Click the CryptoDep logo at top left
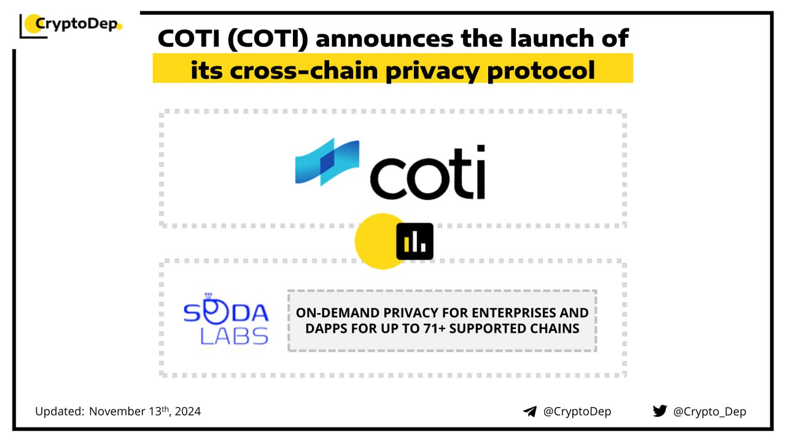point(71,26)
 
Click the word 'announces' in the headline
point(384,39)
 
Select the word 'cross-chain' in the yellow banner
point(303,71)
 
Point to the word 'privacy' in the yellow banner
point(432,72)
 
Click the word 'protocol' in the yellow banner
point(541,72)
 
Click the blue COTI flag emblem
point(327,161)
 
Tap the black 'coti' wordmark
point(428,173)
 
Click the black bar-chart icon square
point(414,241)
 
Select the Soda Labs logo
point(226,319)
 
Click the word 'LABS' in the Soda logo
point(234,336)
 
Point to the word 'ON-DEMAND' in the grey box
point(338,312)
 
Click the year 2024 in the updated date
point(188,411)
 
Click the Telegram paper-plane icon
point(530,411)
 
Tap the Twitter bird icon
point(660,411)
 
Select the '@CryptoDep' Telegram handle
point(577,411)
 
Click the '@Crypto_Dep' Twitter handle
point(709,411)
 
